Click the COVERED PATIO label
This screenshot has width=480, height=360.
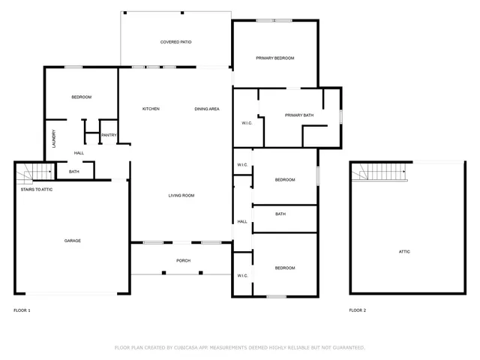pos(175,42)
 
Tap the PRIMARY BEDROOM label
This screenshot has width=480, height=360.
pos(274,58)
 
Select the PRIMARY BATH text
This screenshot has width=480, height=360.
pos(298,115)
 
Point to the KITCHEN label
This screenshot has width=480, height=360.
pos(151,109)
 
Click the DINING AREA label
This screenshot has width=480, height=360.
pos(207,109)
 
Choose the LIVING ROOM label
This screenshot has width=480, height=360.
pos(181,196)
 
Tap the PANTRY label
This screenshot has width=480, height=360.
pos(109,135)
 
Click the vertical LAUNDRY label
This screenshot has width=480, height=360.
pos(53,139)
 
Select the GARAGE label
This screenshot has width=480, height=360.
pos(72,241)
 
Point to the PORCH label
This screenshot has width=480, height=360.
pos(183,261)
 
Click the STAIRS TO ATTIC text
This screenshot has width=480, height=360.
pos(36,189)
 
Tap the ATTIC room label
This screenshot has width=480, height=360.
pos(404,251)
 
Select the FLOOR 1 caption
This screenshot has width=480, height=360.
pos(22,310)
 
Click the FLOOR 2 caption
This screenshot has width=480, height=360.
pos(358,310)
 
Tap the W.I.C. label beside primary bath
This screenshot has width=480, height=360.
pos(246,122)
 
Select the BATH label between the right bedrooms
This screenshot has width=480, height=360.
pos(280,214)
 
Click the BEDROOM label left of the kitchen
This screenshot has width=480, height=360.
pos(81,97)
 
